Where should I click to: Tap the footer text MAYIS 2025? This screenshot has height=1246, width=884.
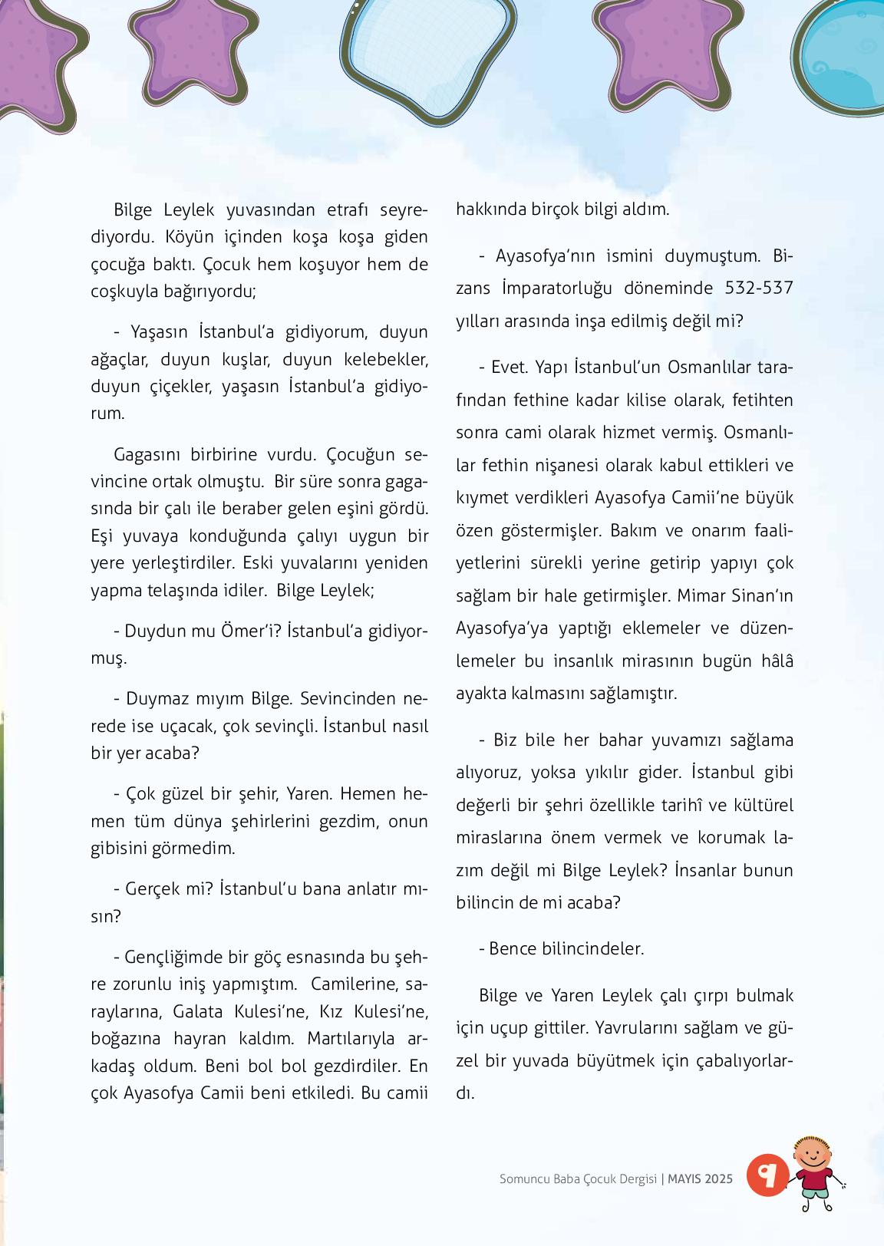700,1178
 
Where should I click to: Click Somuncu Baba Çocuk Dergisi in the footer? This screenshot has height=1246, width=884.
578,1178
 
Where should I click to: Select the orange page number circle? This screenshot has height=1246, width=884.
767,1174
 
